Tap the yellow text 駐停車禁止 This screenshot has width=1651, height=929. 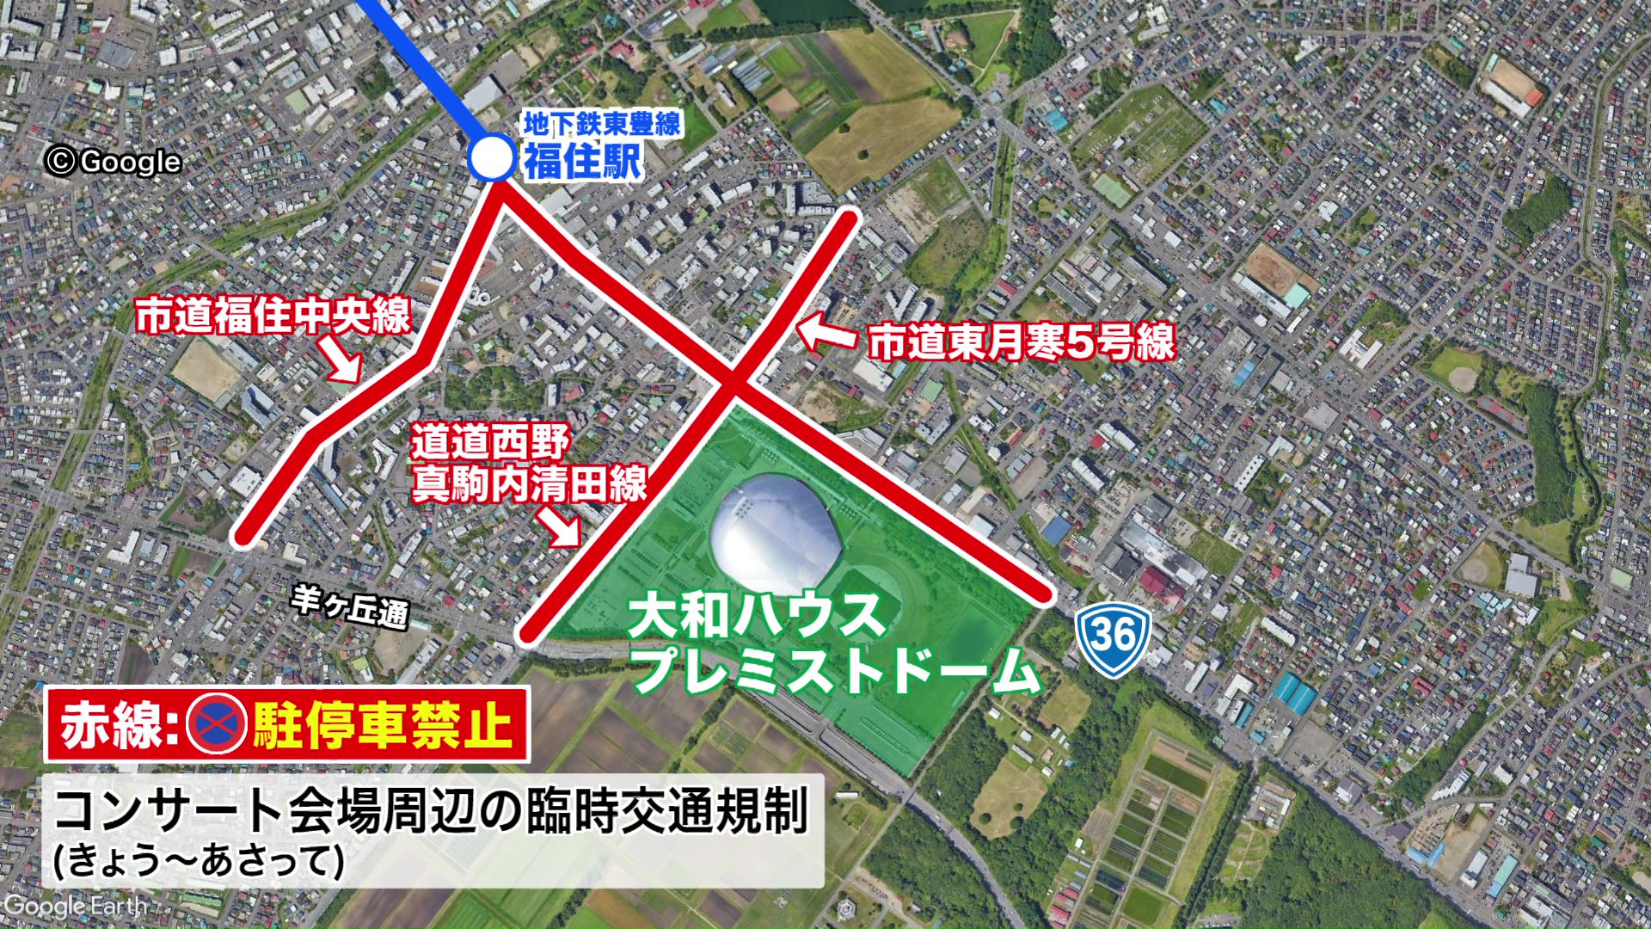[383, 725]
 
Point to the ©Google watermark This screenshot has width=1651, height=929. [114, 162]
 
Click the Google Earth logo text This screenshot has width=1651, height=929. [75, 907]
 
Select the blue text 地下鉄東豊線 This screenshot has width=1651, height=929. [602, 122]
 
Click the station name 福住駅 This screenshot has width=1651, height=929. [583, 161]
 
